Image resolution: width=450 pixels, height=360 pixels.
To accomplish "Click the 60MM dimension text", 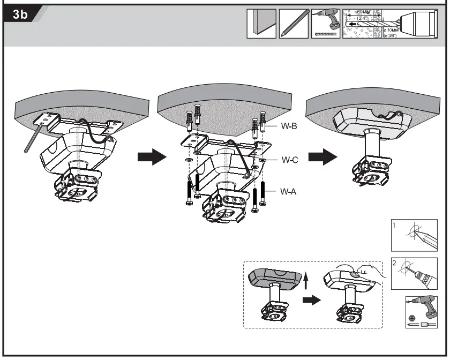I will [x=364, y=12].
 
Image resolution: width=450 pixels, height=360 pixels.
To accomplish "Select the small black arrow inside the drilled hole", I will [x=350, y=25].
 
